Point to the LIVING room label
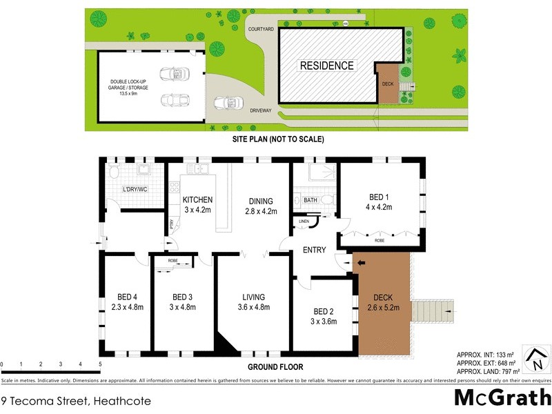[253, 302]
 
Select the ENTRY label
[314, 250]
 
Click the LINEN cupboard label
[303, 221]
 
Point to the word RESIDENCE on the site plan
[326, 66]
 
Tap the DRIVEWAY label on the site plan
[261, 109]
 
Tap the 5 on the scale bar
[100, 363]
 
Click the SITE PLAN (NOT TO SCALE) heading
[277, 139]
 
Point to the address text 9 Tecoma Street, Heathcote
[76, 400]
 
